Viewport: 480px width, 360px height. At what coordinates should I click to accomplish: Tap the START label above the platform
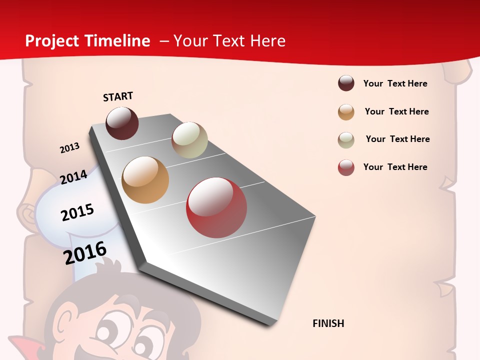pos(118,96)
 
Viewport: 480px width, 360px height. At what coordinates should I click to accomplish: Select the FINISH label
pos(328,323)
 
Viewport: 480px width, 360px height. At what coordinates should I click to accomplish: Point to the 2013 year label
pos(69,148)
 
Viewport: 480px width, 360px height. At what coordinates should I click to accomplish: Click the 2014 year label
pos(73,177)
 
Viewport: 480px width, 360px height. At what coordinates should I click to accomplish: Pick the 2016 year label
pos(85,252)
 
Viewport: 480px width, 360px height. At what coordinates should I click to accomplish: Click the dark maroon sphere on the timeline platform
pos(122,123)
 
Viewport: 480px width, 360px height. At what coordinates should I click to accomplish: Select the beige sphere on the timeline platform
pos(189,140)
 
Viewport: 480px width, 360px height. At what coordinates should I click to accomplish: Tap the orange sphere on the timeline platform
pos(145,180)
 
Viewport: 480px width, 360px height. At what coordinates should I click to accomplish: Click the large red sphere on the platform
pos(216,207)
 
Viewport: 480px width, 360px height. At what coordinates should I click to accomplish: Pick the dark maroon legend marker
pos(346,83)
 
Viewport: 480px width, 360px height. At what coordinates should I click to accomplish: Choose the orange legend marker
pos(346,112)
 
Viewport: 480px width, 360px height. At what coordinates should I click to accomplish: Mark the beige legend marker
pos(346,140)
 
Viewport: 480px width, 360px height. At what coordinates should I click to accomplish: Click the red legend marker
pos(346,167)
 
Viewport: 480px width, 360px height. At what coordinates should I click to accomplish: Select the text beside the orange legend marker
pos(396,111)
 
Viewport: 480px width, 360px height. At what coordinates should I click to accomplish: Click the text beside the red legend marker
pos(395,167)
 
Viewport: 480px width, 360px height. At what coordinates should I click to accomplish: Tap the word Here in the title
pos(267,41)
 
